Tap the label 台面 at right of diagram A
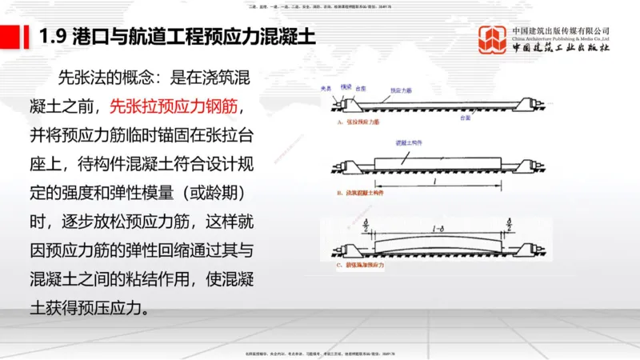tap(486, 116)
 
